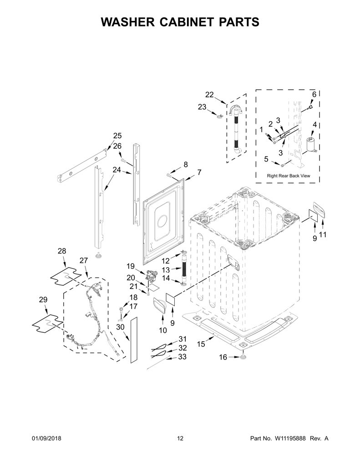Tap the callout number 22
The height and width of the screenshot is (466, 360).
click(209, 95)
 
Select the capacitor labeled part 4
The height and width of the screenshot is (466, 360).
click(312, 144)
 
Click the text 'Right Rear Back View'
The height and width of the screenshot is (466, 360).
click(289, 176)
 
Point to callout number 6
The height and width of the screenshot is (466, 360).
click(314, 94)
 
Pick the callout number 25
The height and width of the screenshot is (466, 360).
click(117, 136)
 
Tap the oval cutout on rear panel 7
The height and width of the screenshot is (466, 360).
click(162, 223)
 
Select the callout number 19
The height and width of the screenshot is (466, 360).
click(131, 266)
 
